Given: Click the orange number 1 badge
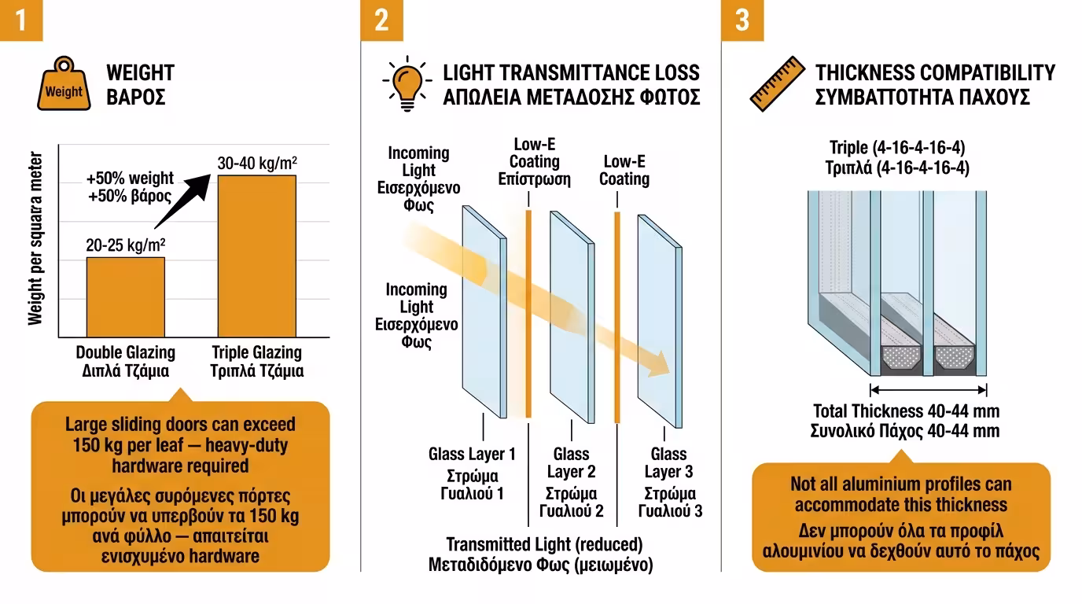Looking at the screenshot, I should point(20,20).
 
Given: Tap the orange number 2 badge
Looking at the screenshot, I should point(381,20).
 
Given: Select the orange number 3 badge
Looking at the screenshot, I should point(742,20).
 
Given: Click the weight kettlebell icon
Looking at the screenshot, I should point(64,84).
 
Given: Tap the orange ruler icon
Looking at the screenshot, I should point(777,83).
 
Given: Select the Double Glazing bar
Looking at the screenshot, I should point(126,297).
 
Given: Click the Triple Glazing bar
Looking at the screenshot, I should point(256,256).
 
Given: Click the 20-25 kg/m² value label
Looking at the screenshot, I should point(126,245).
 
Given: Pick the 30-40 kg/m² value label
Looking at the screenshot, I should point(257,163).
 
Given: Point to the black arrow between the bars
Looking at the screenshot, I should point(182,201).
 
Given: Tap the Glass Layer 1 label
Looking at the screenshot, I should point(472,454).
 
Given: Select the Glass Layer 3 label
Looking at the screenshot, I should point(668,462).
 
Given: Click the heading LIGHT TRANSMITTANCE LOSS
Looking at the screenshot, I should point(571,73).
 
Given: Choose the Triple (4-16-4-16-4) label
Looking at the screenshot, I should point(898,148).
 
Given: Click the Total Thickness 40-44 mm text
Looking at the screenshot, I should point(905,411).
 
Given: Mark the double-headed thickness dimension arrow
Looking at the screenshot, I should point(928,389).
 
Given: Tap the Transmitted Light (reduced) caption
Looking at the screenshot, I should point(544,544).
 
